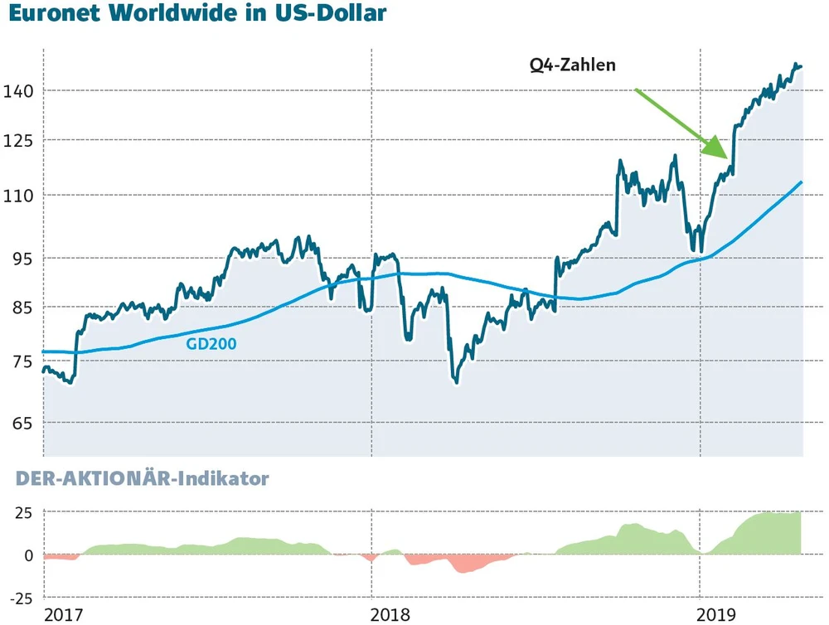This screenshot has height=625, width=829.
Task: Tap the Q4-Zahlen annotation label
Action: pyautogui.click(x=573, y=65)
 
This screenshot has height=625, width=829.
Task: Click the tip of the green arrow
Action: pyautogui.click(x=729, y=157)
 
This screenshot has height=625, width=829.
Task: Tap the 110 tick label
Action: pyautogui.click(x=18, y=196)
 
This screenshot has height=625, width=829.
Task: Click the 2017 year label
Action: pyautogui.click(x=64, y=614)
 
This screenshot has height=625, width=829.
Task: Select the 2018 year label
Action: pyautogui.click(x=391, y=614)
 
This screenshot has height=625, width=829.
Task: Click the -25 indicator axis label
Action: pyautogui.click(x=18, y=598)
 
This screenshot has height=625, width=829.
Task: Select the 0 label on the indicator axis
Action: pyautogui.click(x=28, y=555)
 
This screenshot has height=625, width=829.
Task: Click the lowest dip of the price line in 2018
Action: pyautogui.click(x=456, y=380)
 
